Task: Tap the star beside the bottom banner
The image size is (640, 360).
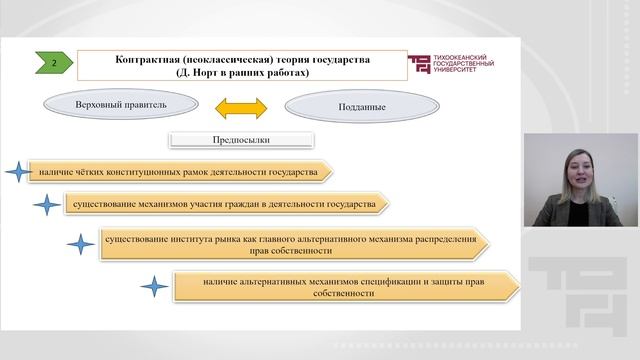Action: tap(153, 288)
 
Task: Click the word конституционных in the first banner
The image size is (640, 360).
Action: tap(152, 173)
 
